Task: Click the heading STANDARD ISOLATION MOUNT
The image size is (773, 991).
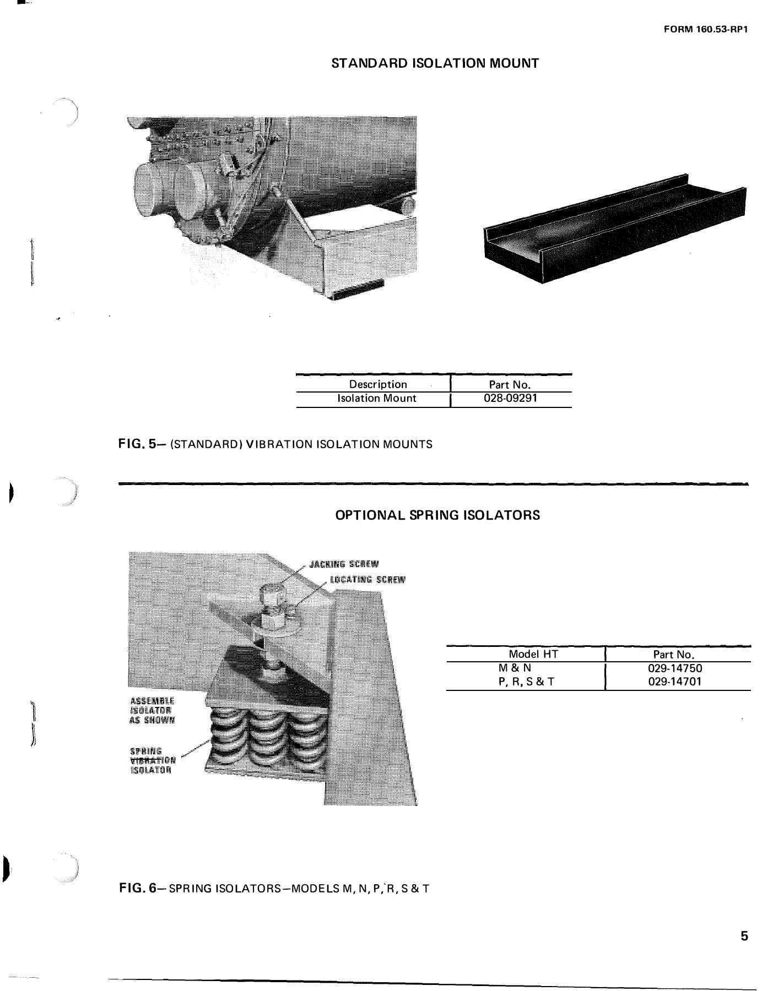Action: (x=435, y=63)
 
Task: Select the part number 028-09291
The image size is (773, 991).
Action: (x=510, y=398)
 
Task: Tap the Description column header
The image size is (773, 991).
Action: (x=378, y=384)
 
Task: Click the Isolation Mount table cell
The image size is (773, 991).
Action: (x=377, y=398)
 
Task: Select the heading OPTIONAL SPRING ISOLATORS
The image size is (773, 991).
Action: (x=437, y=515)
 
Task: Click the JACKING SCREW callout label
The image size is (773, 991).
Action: (x=344, y=564)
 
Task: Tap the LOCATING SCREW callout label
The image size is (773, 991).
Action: (x=367, y=579)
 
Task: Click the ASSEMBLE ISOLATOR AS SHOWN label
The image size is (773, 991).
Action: (x=152, y=710)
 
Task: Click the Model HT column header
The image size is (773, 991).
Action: (x=533, y=654)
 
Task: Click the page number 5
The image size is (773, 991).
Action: (x=744, y=936)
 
